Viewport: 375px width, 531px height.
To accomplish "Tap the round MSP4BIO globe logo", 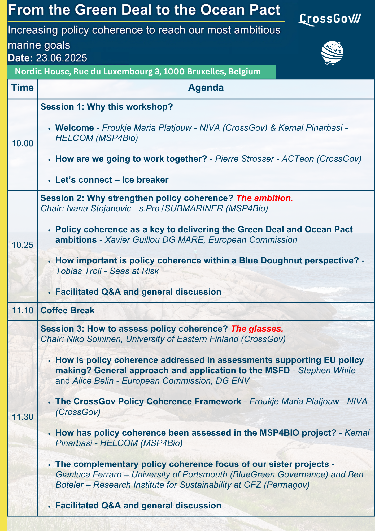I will point(332,53).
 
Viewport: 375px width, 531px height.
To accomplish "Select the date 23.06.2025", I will point(61,58).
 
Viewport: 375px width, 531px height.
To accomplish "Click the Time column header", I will point(23,88).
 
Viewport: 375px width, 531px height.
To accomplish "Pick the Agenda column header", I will point(206,88).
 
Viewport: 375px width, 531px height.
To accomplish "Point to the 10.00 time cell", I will point(23,143).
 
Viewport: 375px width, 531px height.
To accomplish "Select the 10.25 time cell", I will point(23,245).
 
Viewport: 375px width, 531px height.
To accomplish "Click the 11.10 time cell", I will point(23,310).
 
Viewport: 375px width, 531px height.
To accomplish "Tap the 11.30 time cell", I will point(23,417).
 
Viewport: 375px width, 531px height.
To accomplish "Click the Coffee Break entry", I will point(67,310).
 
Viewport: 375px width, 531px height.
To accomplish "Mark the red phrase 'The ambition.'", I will point(264,198).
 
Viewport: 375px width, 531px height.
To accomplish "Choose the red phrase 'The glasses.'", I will point(257,329).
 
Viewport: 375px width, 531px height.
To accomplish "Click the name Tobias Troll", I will point(79,271).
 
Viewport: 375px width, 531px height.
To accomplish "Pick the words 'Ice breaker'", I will point(145,180).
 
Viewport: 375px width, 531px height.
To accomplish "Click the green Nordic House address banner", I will point(141,72).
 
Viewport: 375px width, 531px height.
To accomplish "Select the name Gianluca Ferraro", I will point(89,474).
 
